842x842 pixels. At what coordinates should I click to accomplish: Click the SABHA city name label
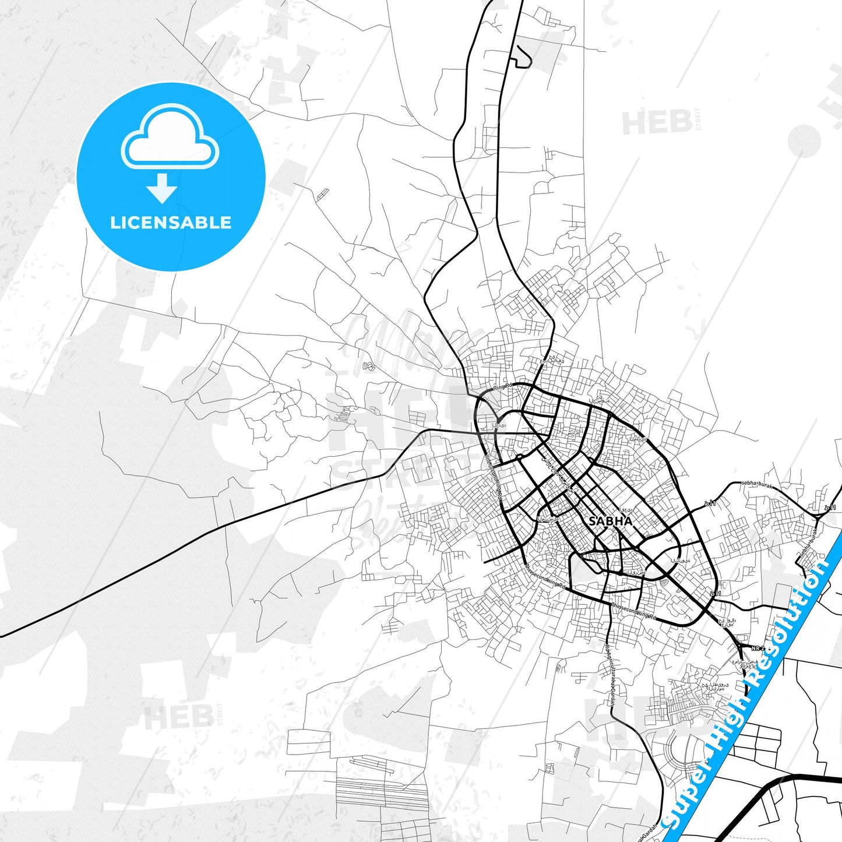(610, 521)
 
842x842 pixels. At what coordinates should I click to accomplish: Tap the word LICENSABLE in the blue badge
(171, 223)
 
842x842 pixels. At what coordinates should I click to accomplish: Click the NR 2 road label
(757, 648)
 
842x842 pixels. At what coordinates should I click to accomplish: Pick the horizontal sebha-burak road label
(756, 483)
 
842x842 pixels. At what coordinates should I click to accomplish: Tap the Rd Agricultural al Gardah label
(610, 676)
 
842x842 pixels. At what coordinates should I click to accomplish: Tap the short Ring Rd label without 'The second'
(502, 386)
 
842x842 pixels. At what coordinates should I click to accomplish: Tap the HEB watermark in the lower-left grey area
(178, 717)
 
